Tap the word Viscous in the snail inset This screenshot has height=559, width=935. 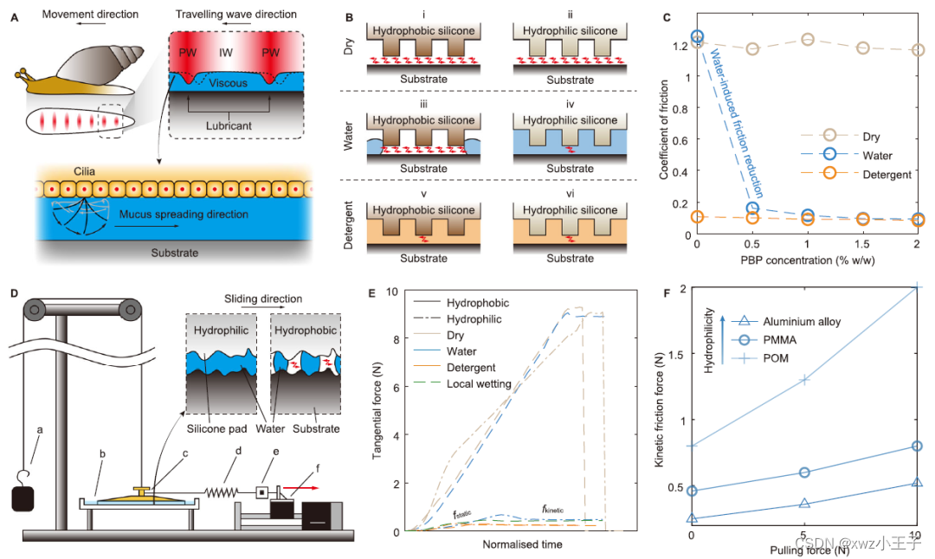pyautogui.click(x=229, y=84)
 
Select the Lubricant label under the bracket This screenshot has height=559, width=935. pyautogui.click(x=230, y=125)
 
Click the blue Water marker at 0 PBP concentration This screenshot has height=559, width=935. pyautogui.click(x=698, y=37)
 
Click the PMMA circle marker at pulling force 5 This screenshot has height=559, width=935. pyautogui.click(x=804, y=472)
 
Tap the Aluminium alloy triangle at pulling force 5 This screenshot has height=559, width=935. pyautogui.click(x=804, y=503)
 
